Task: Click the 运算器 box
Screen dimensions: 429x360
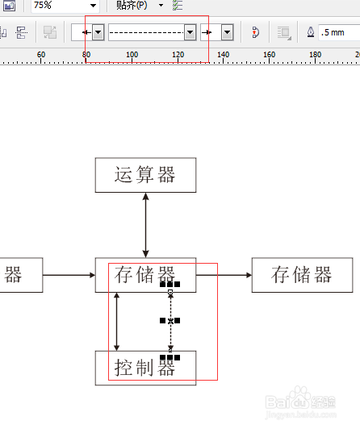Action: [145, 174]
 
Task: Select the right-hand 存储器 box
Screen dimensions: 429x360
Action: [302, 275]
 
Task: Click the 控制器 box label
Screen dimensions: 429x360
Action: [145, 369]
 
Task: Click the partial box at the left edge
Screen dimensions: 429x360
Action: [11, 275]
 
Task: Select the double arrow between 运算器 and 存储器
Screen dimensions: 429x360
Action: [145, 225]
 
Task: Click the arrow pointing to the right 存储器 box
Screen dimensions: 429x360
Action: [224, 275]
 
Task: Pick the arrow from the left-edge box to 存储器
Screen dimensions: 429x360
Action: [68, 275]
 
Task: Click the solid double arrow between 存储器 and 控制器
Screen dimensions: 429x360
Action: [118, 321]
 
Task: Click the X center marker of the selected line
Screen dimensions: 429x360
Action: [170, 321]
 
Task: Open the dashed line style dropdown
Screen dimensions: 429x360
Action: [190, 32]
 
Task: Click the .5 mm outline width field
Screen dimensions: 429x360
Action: [337, 32]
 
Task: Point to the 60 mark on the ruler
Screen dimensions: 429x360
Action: [41, 54]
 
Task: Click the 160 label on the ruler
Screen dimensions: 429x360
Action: [270, 54]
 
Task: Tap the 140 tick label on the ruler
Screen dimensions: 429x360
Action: [224, 54]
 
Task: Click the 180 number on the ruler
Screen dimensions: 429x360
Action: [316, 54]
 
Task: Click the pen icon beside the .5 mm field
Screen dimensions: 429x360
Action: [312, 32]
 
